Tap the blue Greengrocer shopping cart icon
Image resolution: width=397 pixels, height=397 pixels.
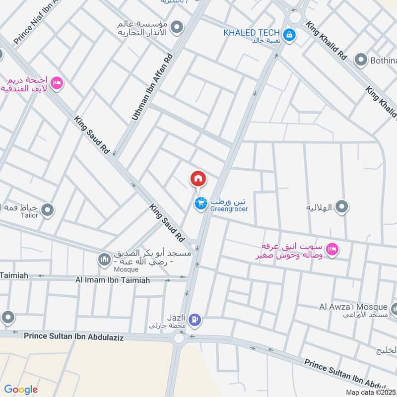(200, 203)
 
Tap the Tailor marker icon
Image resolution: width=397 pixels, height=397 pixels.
(48, 211)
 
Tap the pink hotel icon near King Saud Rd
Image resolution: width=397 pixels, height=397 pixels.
(57, 82)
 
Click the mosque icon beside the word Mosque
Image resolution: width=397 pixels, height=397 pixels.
(104, 260)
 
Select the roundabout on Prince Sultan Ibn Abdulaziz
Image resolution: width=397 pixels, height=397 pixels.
(179, 338)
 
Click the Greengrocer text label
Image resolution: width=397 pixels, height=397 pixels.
(229, 209)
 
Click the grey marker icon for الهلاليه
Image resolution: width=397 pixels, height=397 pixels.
(341, 206)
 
